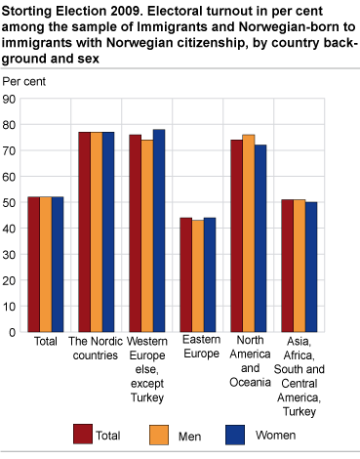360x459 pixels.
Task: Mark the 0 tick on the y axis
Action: (x=15, y=331)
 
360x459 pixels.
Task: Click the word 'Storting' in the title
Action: (x=27, y=12)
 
